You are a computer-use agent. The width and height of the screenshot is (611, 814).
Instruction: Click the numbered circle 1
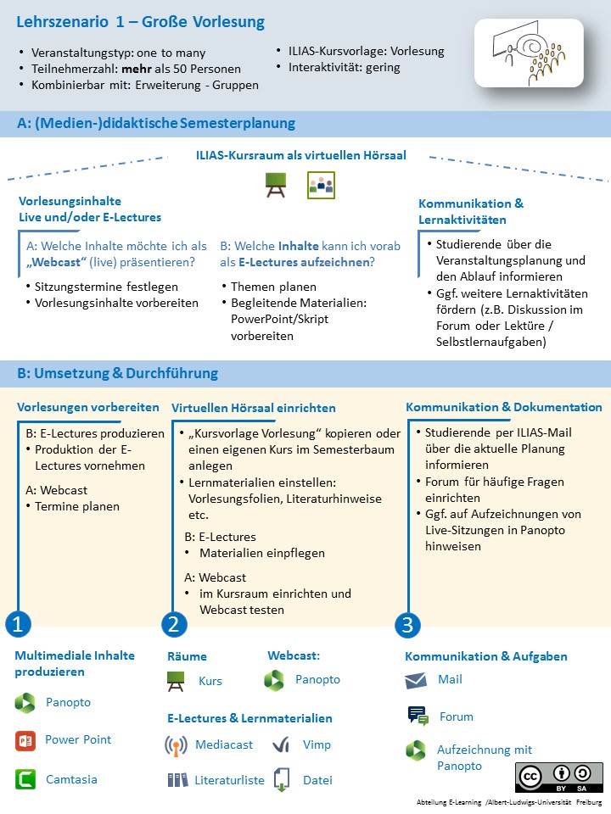(18, 625)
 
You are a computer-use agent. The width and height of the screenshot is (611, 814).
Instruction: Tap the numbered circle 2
(174, 625)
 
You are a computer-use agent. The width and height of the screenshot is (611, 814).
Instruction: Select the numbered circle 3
(407, 625)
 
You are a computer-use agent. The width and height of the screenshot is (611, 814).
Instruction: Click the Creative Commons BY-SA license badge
(558, 777)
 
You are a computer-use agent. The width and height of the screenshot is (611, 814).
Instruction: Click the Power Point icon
(25, 740)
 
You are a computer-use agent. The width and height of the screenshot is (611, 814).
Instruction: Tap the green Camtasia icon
(25, 778)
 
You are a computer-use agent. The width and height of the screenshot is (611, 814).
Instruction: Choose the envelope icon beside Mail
(416, 680)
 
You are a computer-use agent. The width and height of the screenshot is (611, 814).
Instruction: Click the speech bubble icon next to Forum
(418, 716)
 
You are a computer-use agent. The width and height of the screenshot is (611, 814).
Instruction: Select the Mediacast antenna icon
(176, 745)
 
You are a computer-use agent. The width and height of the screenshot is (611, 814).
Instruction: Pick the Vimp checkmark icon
(282, 745)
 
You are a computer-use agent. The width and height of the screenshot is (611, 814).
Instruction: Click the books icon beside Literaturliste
(177, 780)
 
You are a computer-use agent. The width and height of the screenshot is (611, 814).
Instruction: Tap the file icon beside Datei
(282, 780)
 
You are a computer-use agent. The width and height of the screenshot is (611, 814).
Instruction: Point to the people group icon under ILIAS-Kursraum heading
(321, 185)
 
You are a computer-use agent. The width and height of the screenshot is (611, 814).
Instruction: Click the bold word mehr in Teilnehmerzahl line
(137, 69)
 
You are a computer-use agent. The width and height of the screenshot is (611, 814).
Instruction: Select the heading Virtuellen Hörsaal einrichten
(254, 408)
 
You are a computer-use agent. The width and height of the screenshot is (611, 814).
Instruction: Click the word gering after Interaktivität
(384, 67)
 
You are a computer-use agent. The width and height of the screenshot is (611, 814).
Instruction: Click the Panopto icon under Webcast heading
(274, 680)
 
